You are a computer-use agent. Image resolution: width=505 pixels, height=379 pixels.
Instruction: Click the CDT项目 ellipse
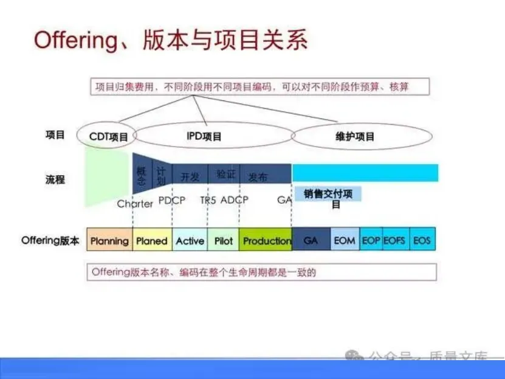[x=108, y=137]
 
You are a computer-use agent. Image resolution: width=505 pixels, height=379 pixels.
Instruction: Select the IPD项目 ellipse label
[x=204, y=137]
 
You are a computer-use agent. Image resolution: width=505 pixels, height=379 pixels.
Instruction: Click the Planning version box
[x=109, y=241]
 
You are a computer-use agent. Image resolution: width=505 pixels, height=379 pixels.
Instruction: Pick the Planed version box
[x=152, y=241]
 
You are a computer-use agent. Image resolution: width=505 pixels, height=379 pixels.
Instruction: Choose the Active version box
[x=190, y=241]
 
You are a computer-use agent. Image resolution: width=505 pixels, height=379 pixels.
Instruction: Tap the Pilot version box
[x=224, y=241]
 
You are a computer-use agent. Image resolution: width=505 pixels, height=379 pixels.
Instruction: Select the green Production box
[x=266, y=241]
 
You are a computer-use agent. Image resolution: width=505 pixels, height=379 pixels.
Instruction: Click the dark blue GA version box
[x=311, y=241]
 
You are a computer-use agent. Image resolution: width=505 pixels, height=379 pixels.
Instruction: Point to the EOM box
[x=345, y=241]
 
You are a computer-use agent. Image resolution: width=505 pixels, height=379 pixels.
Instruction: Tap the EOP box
[x=371, y=241]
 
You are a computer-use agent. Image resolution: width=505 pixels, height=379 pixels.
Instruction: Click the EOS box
[x=422, y=241]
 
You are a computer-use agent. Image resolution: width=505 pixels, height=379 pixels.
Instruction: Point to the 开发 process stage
[x=190, y=176]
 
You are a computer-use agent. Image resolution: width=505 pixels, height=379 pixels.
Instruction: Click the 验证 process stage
[x=225, y=175]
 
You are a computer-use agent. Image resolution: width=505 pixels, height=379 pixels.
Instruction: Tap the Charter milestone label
[x=135, y=204]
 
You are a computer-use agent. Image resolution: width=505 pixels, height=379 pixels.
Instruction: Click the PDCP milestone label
[x=172, y=200]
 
